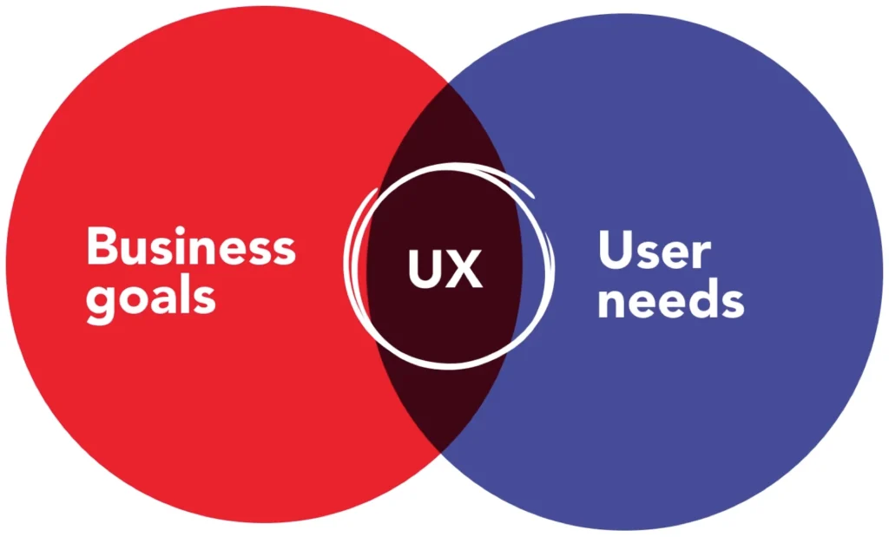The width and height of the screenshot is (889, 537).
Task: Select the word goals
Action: (151, 297)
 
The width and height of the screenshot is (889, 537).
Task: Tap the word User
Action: (655, 250)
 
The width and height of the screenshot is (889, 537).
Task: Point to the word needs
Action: (671, 298)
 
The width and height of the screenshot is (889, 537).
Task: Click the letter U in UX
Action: (425, 268)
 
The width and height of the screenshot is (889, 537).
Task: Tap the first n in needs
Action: (611, 305)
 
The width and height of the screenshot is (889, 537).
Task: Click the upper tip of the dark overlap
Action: (448, 83)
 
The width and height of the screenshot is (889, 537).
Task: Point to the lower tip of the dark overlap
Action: (440, 451)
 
